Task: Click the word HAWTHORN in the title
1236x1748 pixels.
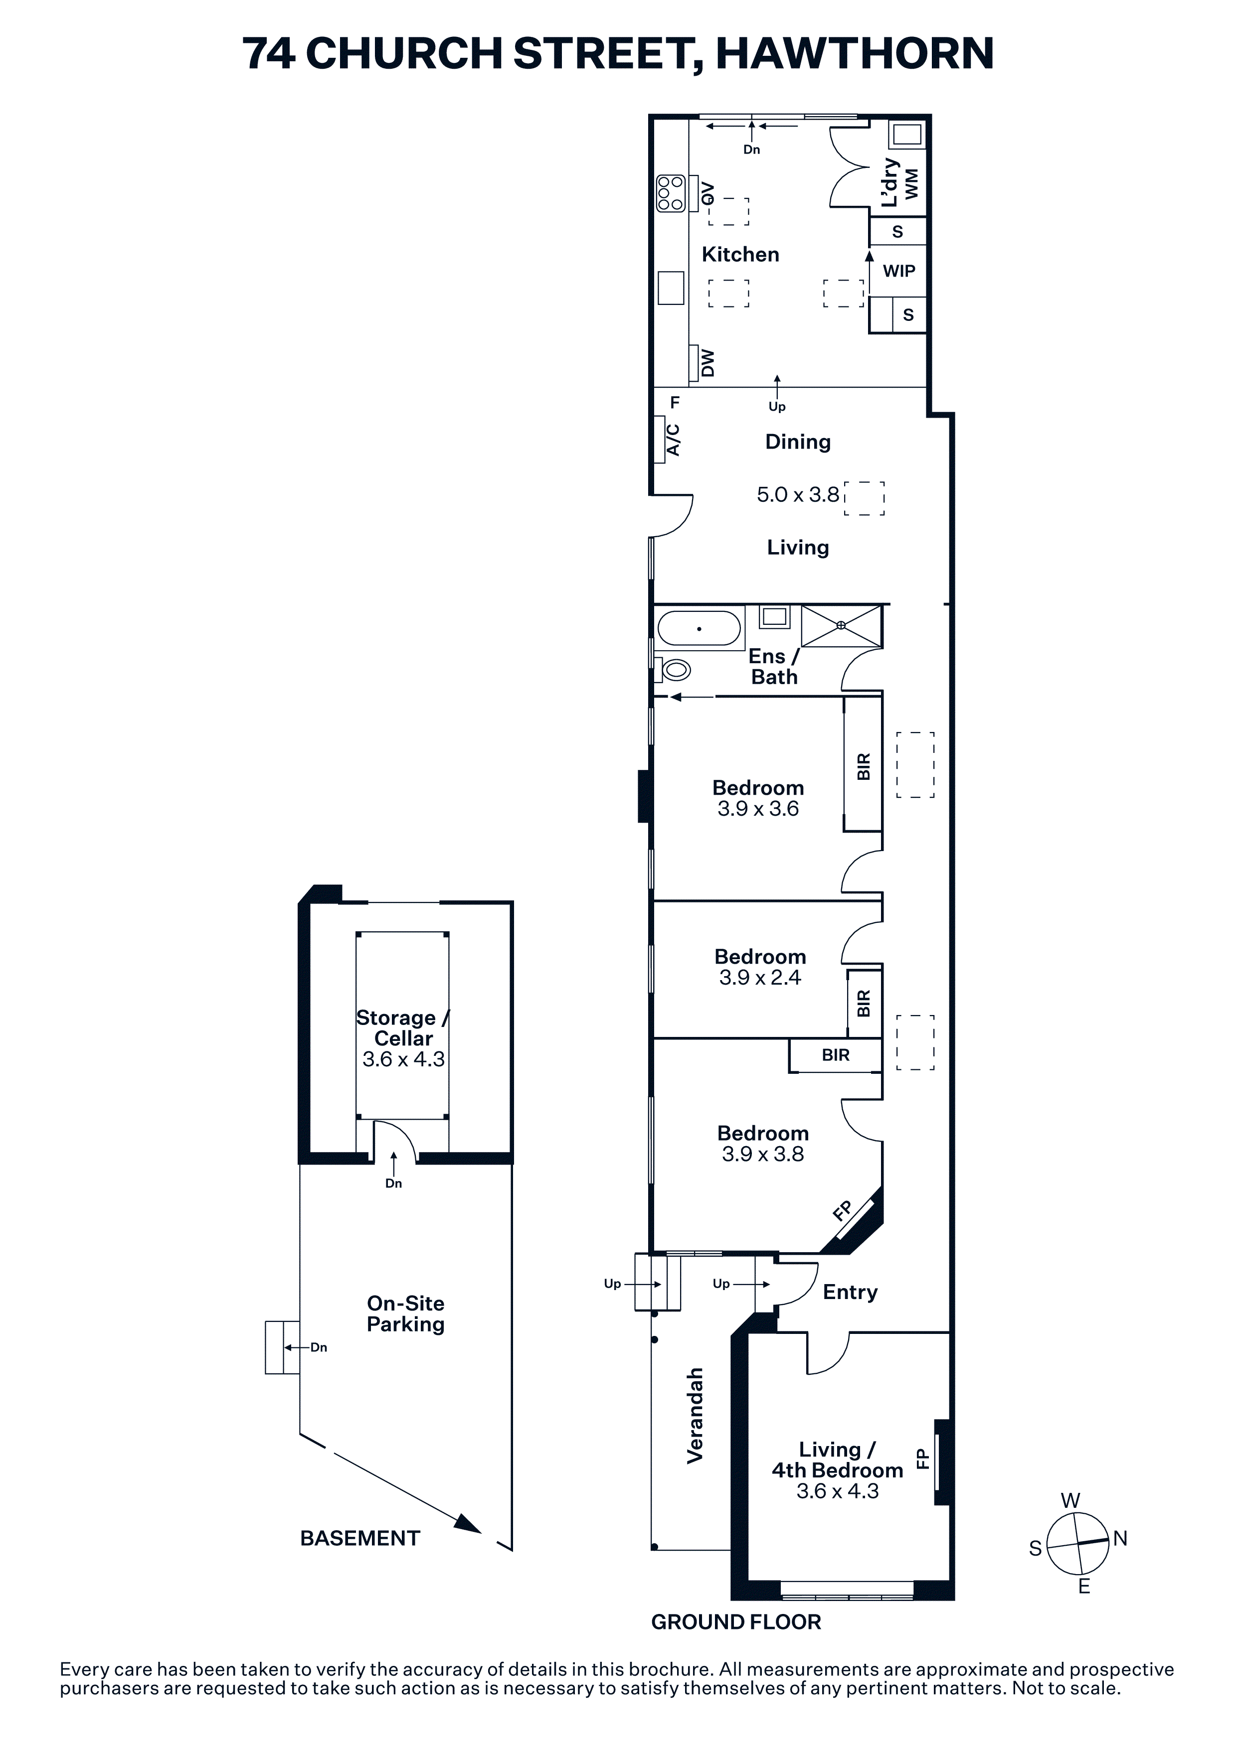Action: click(855, 53)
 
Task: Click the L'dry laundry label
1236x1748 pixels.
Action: click(889, 183)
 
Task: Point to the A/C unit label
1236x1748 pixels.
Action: click(673, 439)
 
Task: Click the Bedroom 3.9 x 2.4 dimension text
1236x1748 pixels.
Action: click(760, 978)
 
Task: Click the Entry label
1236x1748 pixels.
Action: click(850, 1292)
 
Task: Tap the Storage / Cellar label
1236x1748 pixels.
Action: click(403, 1028)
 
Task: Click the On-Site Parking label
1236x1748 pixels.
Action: click(405, 1313)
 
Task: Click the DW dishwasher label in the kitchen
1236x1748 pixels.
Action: click(707, 363)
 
